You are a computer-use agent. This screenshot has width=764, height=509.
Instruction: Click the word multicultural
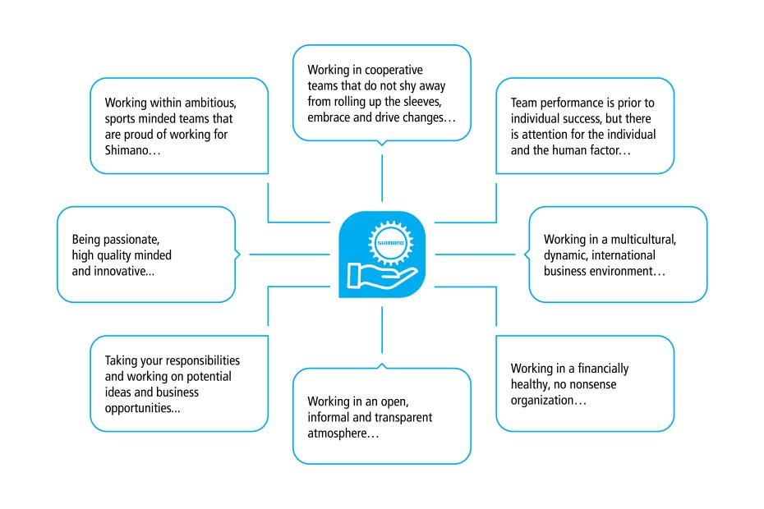tap(641, 241)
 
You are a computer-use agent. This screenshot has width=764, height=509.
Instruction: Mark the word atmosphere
tap(338, 433)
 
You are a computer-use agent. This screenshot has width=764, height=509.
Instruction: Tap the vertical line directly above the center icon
tap(383, 177)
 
